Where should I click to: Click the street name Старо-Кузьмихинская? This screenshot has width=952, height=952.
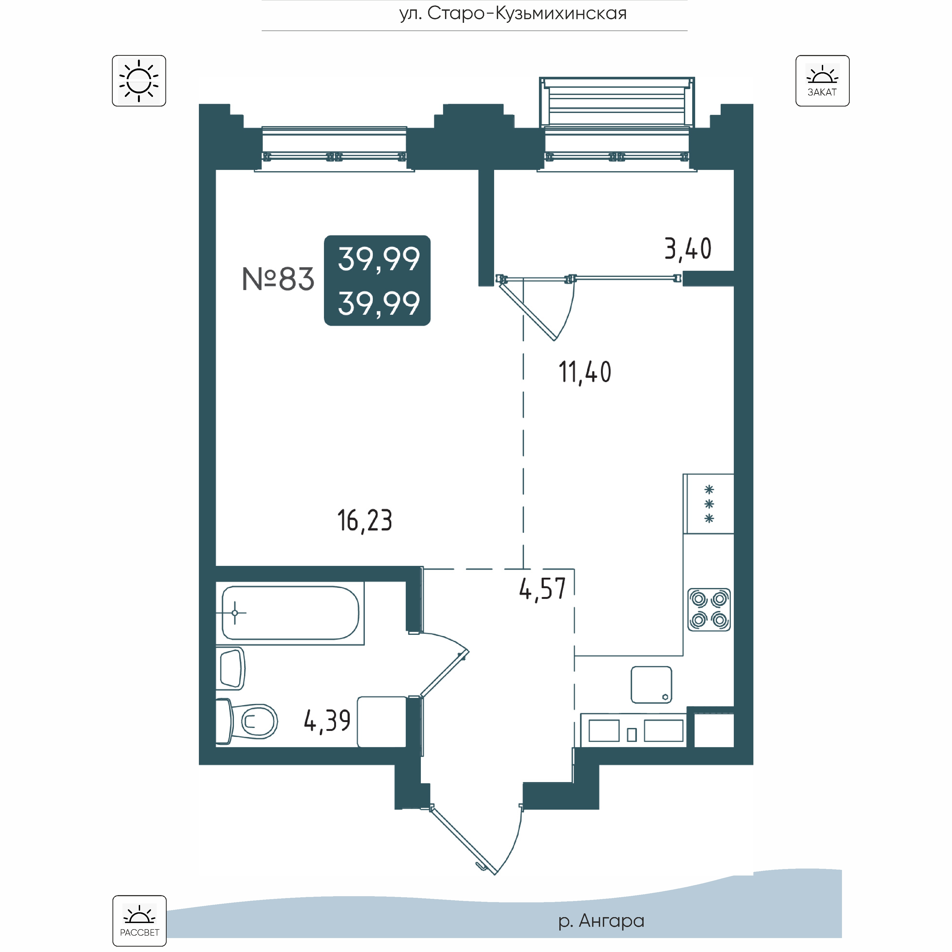click(x=513, y=13)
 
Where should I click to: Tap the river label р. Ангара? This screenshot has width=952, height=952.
click(x=601, y=920)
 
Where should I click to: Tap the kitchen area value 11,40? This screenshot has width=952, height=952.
click(x=585, y=372)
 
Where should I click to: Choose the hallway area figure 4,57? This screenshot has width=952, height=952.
click(x=542, y=589)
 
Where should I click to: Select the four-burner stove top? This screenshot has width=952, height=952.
click(x=709, y=610)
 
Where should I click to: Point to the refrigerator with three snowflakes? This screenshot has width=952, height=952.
click(x=709, y=504)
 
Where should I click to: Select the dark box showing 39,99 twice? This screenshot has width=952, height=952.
click(x=377, y=280)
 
